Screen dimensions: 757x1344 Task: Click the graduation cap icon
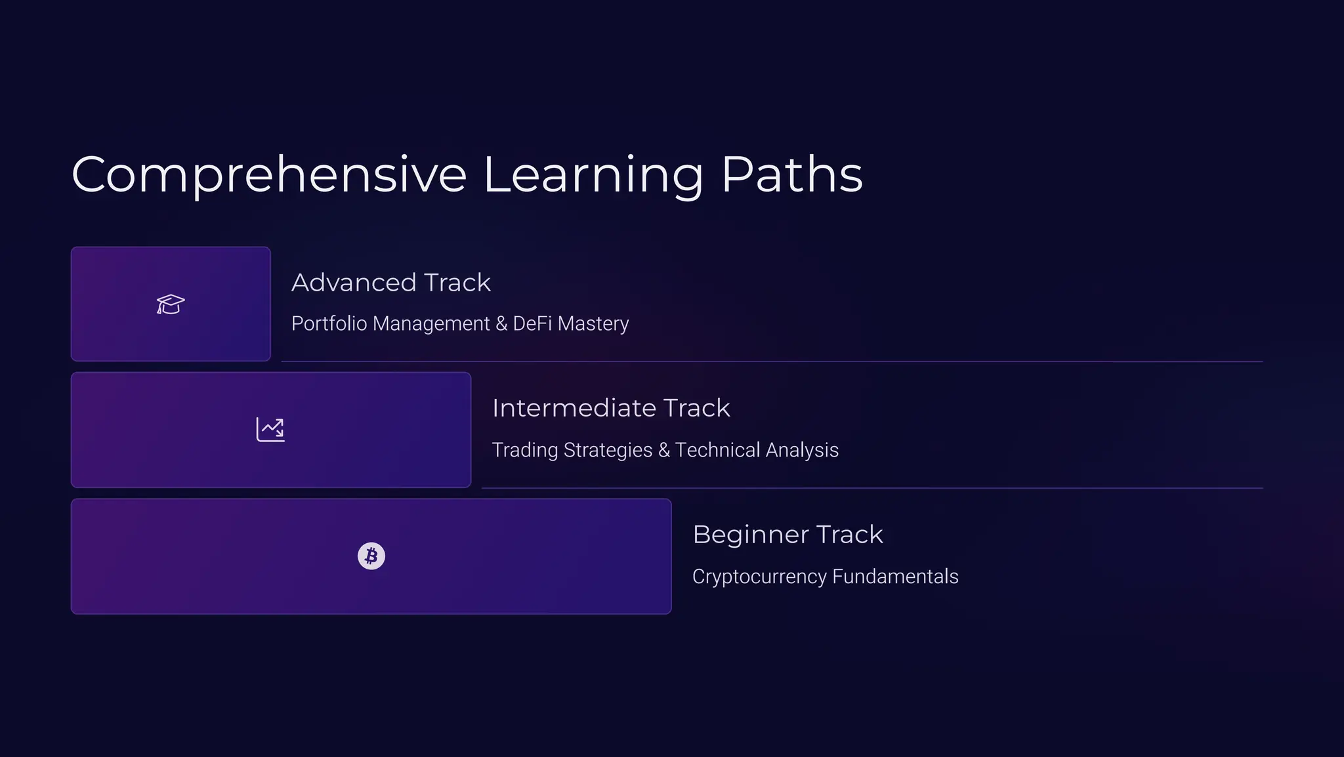click(x=171, y=304)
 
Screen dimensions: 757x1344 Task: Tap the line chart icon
click(x=270, y=430)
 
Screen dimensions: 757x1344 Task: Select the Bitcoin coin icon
click(x=371, y=556)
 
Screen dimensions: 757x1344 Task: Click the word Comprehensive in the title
click(x=269, y=175)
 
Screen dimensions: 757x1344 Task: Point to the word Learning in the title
click(x=593, y=175)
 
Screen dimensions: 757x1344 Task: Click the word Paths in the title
click(x=792, y=175)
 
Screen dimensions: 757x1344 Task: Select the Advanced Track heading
click(x=391, y=283)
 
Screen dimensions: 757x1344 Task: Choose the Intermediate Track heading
click(x=611, y=408)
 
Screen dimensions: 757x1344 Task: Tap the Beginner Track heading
click(x=787, y=535)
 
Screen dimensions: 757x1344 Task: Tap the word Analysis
click(x=802, y=450)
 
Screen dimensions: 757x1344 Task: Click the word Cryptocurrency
click(x=759, y=577)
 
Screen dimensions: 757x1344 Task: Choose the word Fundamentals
click(x=895, y=577)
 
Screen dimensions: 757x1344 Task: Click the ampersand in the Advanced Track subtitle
click(x=501, y=323)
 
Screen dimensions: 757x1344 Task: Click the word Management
click(x=432, y=323)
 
